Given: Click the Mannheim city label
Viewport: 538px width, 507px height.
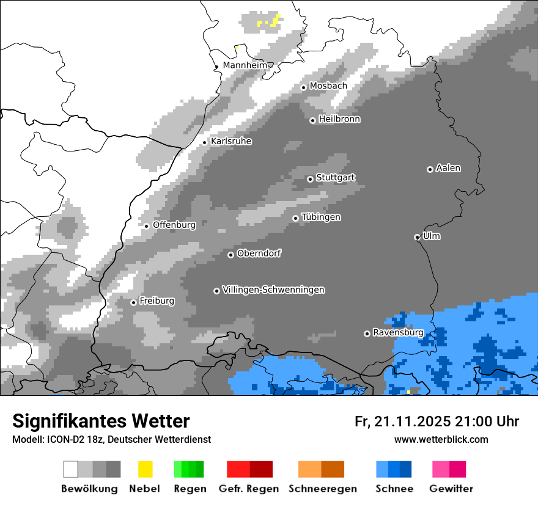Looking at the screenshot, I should (245, 65).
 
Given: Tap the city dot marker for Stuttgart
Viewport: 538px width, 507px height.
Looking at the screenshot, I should (310, 179).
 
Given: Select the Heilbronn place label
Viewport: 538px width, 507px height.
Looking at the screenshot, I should (339, 120).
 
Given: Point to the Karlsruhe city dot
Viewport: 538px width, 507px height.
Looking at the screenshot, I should (205, 142).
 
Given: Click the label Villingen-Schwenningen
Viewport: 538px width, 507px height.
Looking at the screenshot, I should (273, 290).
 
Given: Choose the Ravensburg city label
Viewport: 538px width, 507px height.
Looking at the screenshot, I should (398, 333).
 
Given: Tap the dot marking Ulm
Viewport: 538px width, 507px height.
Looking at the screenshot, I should (417, 237).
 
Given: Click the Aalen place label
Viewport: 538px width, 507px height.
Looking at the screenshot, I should (448, 169).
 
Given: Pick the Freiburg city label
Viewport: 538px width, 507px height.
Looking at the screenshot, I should (157, 301).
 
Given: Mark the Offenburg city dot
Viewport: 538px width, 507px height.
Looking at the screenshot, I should (147, 226).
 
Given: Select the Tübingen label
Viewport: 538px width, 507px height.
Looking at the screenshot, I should (321, 217).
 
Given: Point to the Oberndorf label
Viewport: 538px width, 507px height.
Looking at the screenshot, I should (259, 253).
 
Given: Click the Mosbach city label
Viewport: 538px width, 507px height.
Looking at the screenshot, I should (328, 86).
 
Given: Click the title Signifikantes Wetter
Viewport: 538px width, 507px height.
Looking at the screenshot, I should (101, 421).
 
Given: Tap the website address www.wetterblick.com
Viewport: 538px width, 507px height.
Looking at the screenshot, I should (441, 439).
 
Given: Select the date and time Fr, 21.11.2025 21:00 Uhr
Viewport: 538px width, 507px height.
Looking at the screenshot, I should (437, 421).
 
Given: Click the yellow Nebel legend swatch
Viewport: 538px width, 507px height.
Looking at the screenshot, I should (145, 469).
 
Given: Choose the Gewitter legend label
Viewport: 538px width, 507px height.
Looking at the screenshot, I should (451, 489).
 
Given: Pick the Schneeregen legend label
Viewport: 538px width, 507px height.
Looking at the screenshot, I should (322, 489).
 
